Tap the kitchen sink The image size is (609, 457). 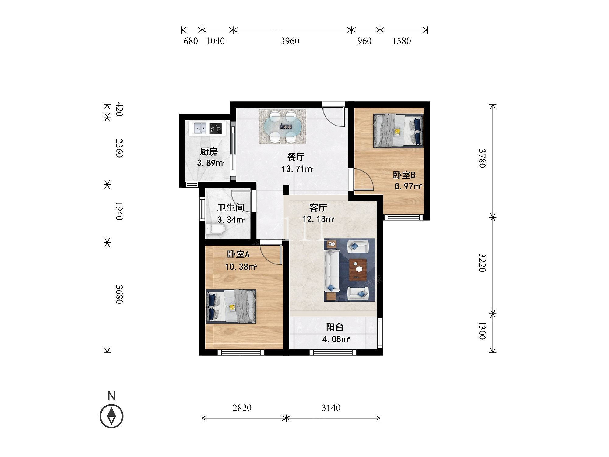click(x=200, y=128)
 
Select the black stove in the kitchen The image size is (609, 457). click(x=216, y=128)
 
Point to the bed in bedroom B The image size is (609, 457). click(x=398, y=131)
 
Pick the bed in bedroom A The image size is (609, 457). click(x=231, y=306)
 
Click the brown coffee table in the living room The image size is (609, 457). click(x=358, y=269)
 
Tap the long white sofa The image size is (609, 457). click(x=332, y=271)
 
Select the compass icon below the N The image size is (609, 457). click(x=112, y=416)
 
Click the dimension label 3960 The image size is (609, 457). click(x=290, y=41)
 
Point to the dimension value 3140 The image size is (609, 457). click(x=331, y=408)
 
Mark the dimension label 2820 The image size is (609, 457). click(x=242, y=408)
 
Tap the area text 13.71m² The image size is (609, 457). click(x=297, y=168)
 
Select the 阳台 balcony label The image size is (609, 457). click(x=335, y=327)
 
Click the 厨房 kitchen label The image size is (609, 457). click(x=209, y=151)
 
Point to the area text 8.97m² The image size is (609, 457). click(x=408, y=186)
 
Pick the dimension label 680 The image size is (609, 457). click(x=191, y=41)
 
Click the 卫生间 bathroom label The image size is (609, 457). click(x=231, y=208)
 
